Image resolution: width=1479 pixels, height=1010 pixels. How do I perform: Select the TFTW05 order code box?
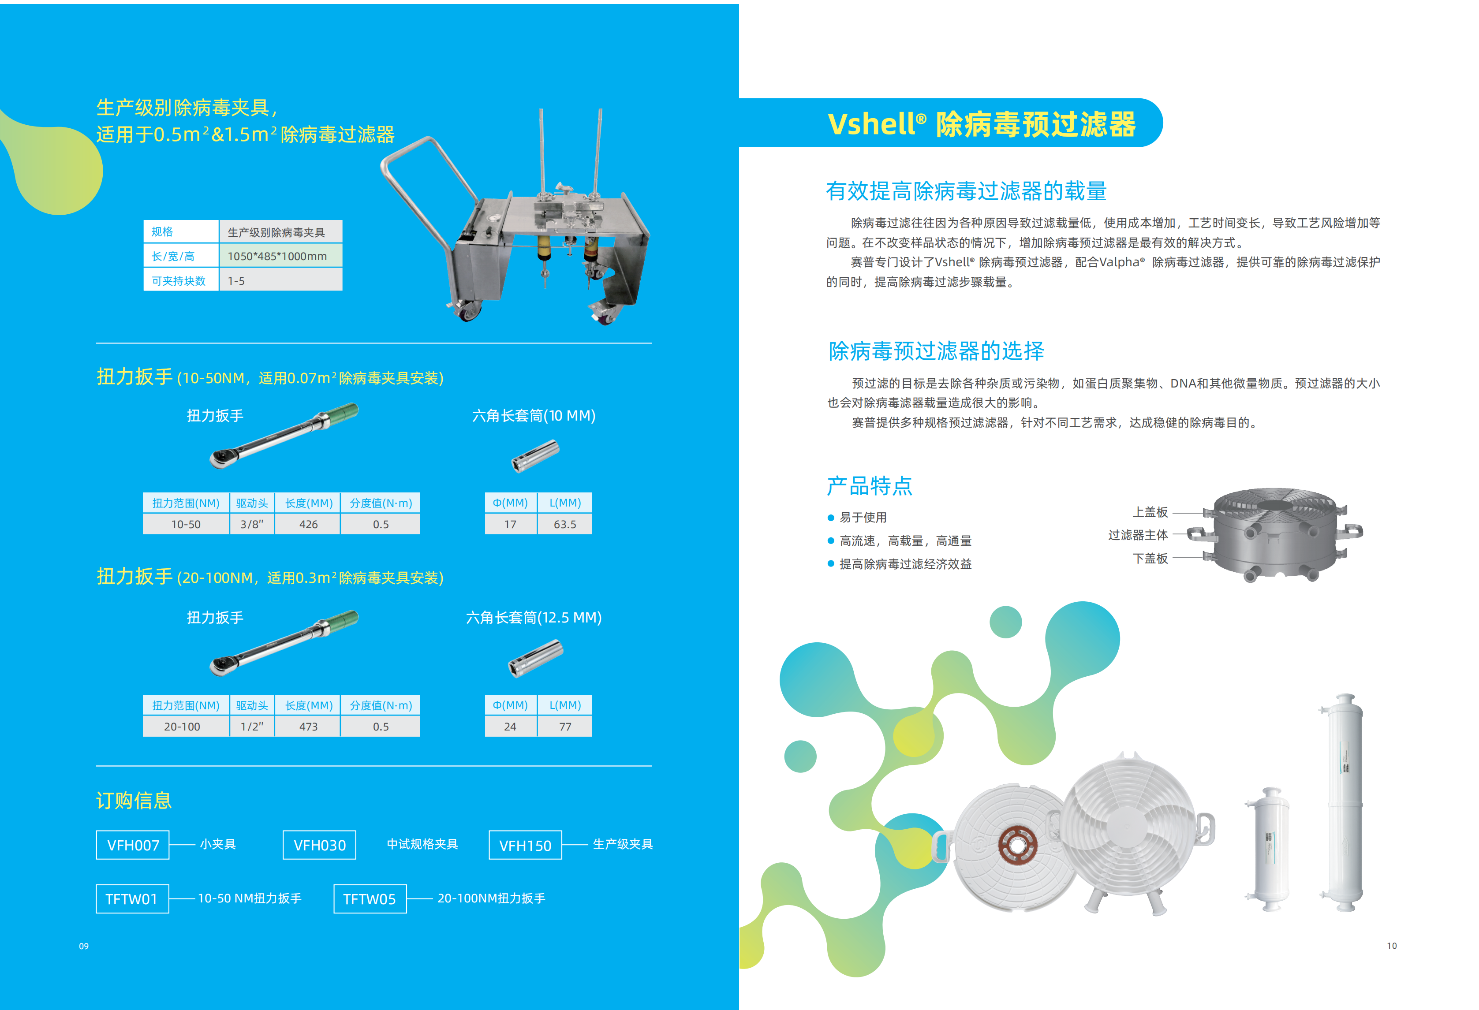[369, 898]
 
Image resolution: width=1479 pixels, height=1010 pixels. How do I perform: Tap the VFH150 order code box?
[525, 845]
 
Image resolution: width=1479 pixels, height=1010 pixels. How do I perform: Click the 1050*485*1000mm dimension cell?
[280, 256]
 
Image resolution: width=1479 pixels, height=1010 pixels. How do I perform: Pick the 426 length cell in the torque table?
[308, 524]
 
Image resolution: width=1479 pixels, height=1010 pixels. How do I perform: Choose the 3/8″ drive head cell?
[252, 524]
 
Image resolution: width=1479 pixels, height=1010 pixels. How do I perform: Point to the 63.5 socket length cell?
[564, 524]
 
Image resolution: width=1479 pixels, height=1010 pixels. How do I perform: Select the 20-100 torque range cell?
[182, 726]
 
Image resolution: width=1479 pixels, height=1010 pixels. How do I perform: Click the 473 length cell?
[308, 726]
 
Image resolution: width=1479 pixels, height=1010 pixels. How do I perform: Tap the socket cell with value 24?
[510, 726]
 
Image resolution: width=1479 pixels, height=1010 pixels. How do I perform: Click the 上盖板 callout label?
[1150, 512]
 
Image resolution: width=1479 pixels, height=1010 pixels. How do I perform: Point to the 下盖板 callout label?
[1150, 558]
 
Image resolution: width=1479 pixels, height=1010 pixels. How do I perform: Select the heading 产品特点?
[869, 485]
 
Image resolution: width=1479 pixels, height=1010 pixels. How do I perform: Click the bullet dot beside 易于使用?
[830, 518]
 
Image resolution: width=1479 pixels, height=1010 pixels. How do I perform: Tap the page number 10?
[1392, 946]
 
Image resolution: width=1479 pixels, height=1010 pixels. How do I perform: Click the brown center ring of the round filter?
[1017, 846]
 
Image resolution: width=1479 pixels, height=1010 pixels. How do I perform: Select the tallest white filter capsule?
[1344, 802]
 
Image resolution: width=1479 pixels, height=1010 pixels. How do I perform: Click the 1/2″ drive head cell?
[252, 726]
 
